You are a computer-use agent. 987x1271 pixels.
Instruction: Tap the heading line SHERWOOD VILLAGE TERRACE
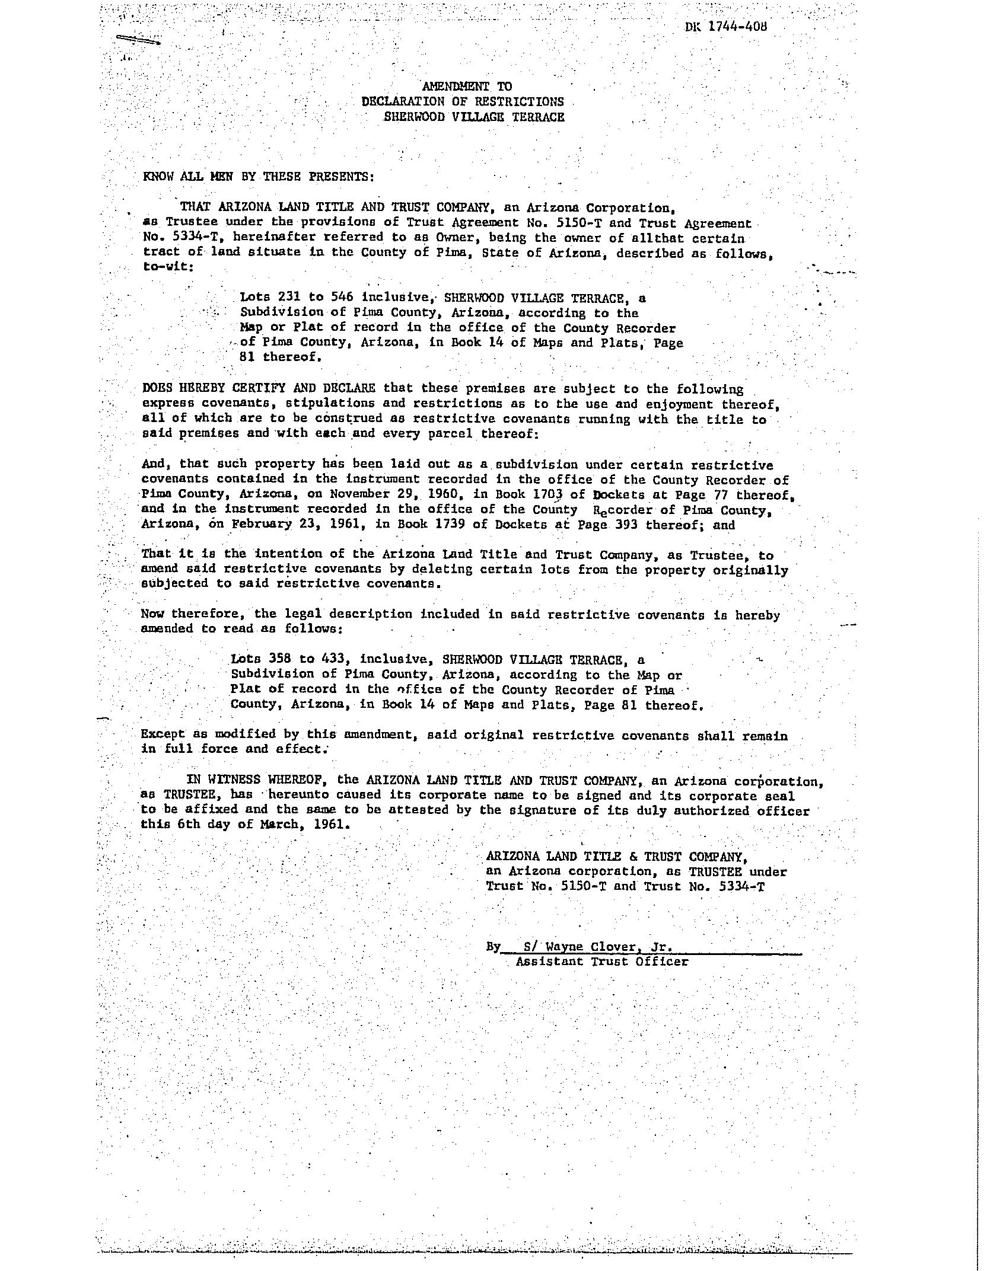[x=473, y=117]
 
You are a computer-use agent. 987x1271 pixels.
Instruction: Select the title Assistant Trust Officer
[x=601, y=962]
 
